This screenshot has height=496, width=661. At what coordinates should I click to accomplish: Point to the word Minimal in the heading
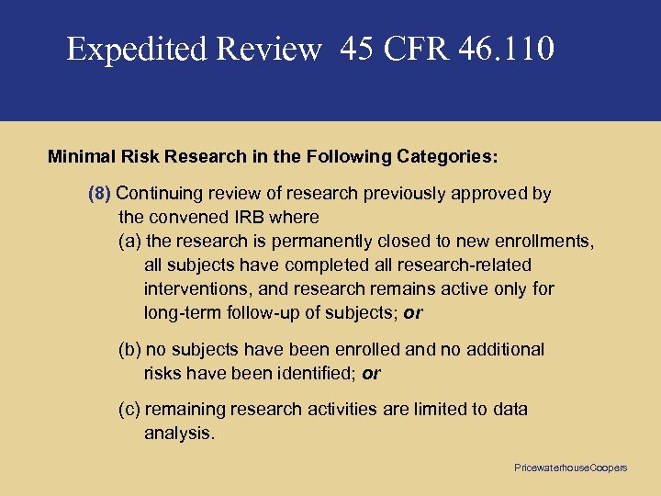pos(80,156)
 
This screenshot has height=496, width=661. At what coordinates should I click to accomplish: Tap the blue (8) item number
pos(99,194)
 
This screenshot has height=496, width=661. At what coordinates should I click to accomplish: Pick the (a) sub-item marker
pos(130,242)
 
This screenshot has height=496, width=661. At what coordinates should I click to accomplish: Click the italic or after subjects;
pos(413,313)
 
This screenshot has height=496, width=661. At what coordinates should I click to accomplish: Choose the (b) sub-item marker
pos(130,350)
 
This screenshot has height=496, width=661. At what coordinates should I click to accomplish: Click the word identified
pos(318,374)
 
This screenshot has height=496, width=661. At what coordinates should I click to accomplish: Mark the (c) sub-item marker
pos(130,410)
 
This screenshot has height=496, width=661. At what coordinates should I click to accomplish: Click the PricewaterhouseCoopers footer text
pos(570,468)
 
